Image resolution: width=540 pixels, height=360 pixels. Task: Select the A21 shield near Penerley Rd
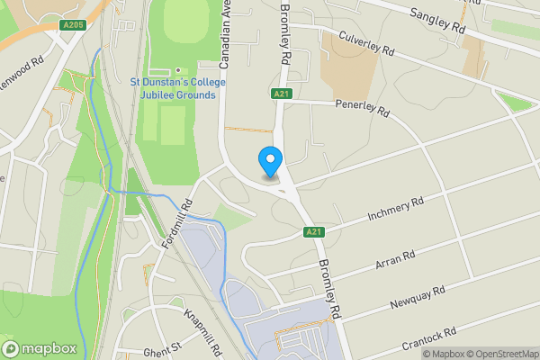pos(279,94)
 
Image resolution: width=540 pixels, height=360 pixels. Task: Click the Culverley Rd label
pos(367,43)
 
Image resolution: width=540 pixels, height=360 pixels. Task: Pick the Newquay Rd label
pos(419,298)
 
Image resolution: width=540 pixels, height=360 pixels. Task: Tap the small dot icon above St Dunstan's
pos(178,70)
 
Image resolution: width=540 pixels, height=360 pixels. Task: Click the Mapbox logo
pos(39,347)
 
